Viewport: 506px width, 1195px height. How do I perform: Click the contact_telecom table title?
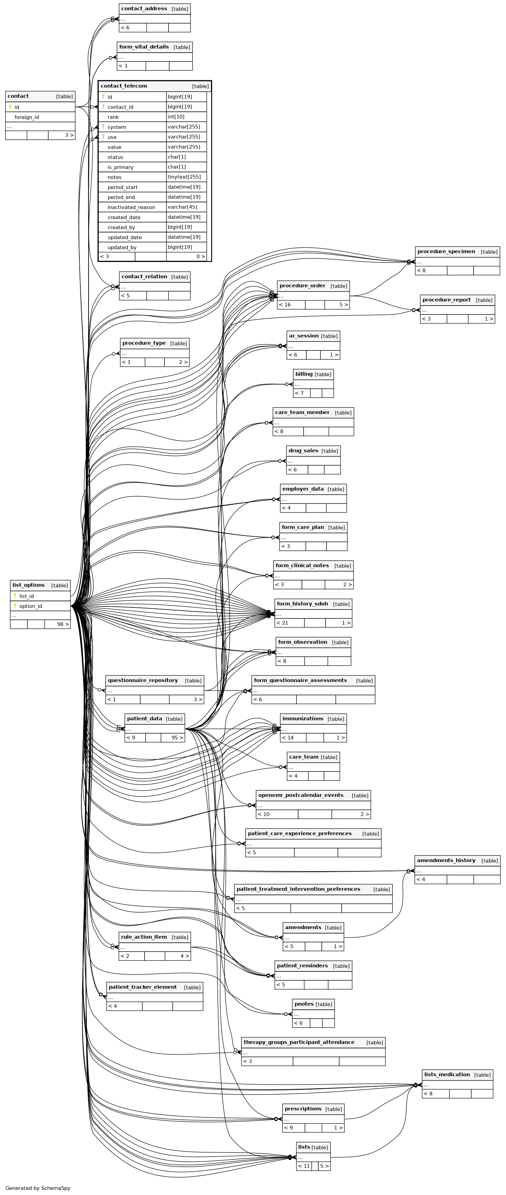pyautogui.click(x=124, y=86)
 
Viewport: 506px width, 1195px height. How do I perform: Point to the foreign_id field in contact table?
pyautogui.click(x=26, y=117)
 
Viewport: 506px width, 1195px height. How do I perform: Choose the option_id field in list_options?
pyautogui.click(x=31, y=606)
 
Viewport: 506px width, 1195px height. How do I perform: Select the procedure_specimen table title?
pyautogui.click(x=446, y=252)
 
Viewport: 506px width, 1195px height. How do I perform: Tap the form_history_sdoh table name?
pyautogui.click(x=302, y=604)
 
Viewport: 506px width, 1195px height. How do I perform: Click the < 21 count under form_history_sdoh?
pyautogui.click(x=282, y=622)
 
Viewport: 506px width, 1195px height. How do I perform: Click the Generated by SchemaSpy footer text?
pyautogui.click(x=38, y=1187)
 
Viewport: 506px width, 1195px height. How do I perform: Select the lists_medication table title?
pyautogui.click(x=447, y=1074)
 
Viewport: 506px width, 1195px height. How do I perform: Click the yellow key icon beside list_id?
pyautogui.click(x=15, y=596)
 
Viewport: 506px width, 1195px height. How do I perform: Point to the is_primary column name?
pyautogui.click(x=121, y=167)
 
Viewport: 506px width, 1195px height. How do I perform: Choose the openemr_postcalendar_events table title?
pyautogui.click(x=301, y=795)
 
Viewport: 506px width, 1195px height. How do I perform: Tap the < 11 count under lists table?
pyautogui.click(x=304, y=1166)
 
